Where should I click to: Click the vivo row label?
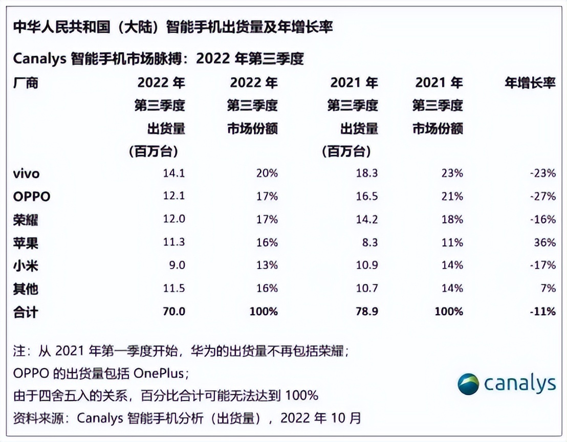pos(26,174)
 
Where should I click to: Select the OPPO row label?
pos(32,197)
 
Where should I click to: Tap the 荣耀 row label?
pos(26,220)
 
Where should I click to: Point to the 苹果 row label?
pos(26,243)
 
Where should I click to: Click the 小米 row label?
pos(26,266)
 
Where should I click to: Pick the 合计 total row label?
pos(26,312)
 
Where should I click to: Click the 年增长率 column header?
pos(530,83)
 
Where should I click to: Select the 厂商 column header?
pos(26,83)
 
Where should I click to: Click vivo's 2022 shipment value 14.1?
pos(173,174)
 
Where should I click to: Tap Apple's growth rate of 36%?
pos(545,243)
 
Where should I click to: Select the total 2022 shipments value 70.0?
pos(173,312)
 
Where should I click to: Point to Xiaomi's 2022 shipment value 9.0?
pos(176,266)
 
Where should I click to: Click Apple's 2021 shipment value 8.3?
pos(369,243)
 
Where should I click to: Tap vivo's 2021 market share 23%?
pos(452,174)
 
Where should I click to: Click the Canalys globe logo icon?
pos(468,384)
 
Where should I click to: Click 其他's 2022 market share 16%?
pos(267,289)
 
